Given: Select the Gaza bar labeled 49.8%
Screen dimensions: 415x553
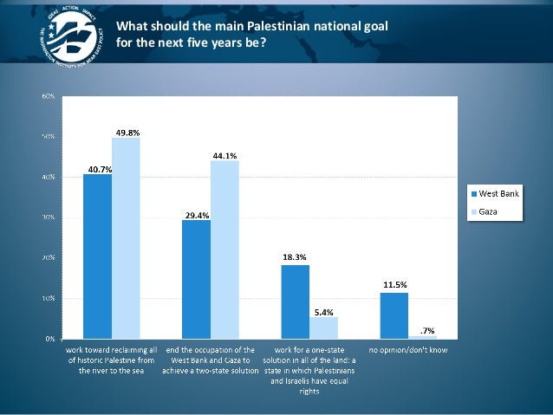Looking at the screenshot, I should (126, 237).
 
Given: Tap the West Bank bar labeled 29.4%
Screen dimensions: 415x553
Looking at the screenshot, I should (196, 279).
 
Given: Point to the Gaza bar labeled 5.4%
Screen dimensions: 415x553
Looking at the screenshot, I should (323, 327).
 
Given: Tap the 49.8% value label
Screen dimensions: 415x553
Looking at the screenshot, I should (127, 132).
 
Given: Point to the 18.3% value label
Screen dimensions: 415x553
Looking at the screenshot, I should (294, 257).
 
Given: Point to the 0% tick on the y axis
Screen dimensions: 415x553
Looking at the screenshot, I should (51, 338).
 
